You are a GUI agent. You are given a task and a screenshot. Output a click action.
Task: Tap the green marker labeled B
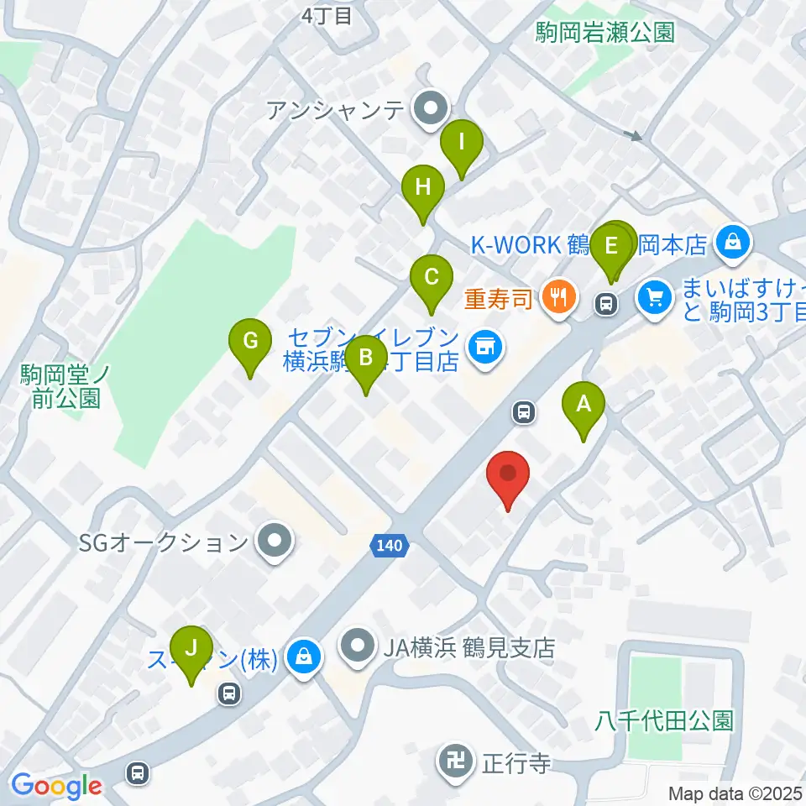coord(365,359)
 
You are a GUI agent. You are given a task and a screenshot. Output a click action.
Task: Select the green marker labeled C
coord(431,278)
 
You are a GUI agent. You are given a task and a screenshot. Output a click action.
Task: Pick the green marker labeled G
coord(249,342)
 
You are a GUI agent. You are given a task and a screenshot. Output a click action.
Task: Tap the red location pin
coord(508,474)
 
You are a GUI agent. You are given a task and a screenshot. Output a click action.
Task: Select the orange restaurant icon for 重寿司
coord(557,296)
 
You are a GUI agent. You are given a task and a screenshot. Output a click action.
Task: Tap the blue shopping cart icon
coord(655,296)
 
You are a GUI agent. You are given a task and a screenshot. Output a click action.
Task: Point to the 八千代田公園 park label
coord(665,720)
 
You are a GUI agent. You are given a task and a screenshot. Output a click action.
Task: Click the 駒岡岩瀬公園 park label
coord(604,33)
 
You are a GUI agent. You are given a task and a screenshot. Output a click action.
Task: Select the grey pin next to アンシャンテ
coord(433,108)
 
